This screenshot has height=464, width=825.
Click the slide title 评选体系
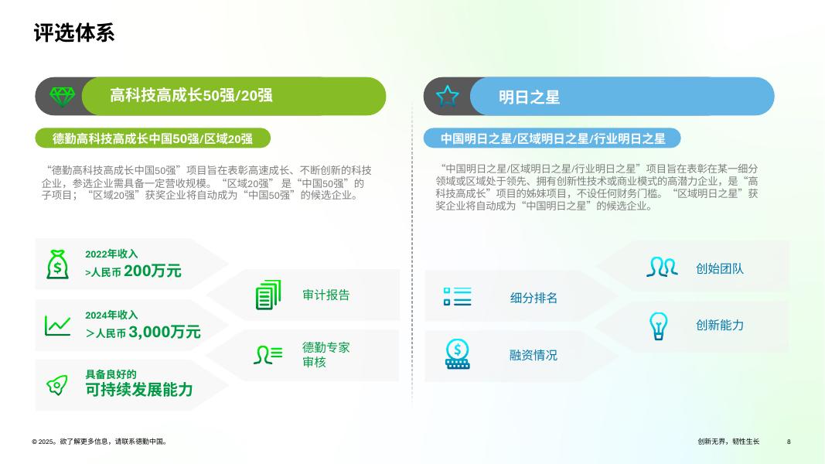pos(74,33)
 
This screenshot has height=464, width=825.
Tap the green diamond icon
pos(62,97)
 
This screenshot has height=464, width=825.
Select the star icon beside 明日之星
pos(448,96)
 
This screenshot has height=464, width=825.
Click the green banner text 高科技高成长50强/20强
pos(191,96)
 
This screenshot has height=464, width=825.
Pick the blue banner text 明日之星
pos(529,97)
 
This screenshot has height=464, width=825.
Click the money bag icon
pos(57,264)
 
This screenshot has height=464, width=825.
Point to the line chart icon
pos(57,326)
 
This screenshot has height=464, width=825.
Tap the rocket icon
pos(57,384)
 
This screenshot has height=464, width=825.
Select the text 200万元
pos(152,271)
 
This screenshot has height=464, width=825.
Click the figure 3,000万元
pos(165,332)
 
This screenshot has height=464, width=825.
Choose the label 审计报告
pos(326,295)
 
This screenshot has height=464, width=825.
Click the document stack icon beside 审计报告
pos(268,295)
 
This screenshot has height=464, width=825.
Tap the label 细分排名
pos(534,298)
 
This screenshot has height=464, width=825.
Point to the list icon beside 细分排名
pos(457,295)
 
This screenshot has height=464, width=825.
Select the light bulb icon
pos(658,326)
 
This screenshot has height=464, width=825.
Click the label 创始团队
pos(719,269)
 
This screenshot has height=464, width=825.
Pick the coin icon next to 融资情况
pos(457,353)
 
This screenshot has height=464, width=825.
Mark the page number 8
pos(789,442)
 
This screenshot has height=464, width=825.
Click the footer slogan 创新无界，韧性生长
pos(728,442)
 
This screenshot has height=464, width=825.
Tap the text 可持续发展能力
pos(139,390)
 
